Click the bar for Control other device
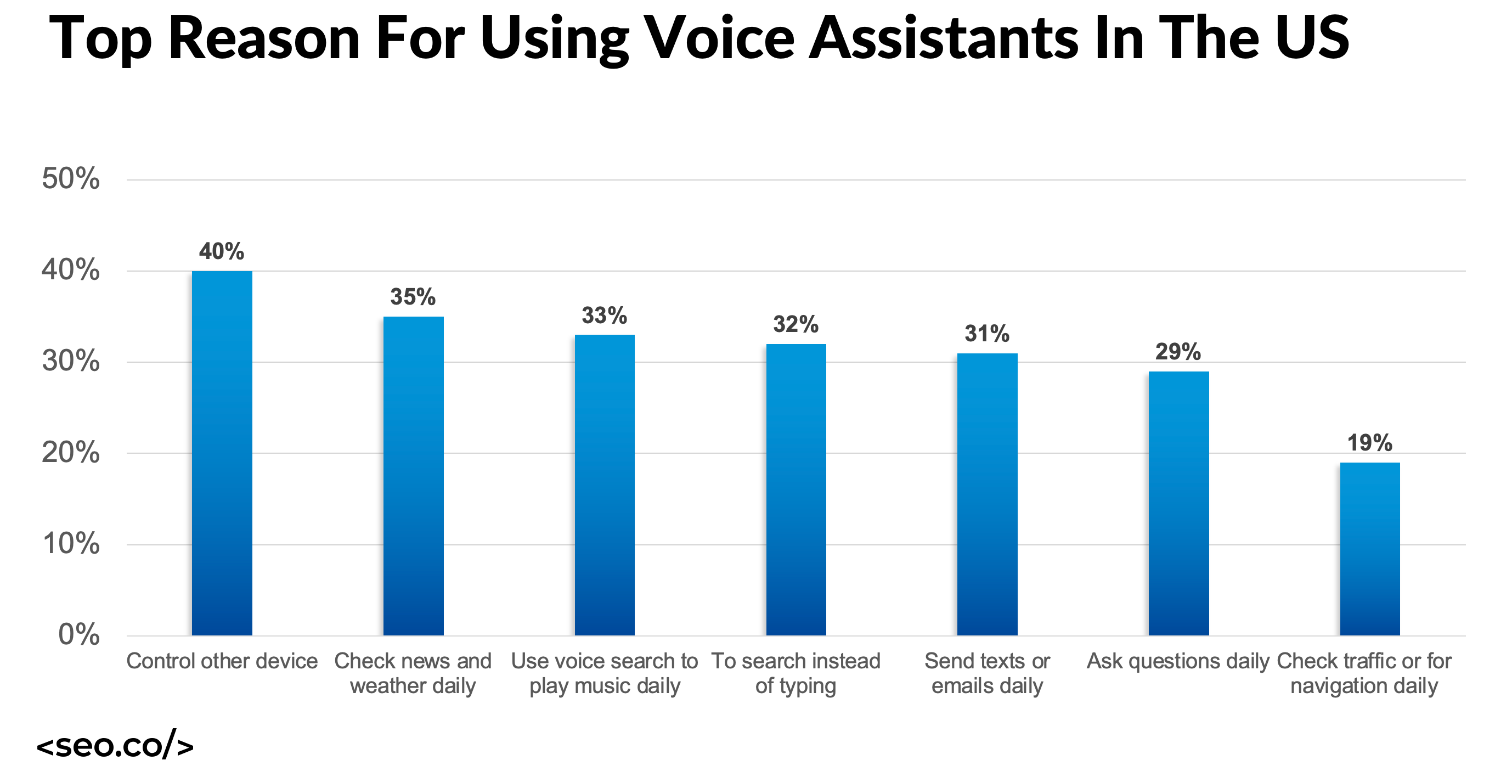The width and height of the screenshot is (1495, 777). click(x=222, y=453)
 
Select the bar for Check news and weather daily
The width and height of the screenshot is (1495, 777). click(x=413, y=476)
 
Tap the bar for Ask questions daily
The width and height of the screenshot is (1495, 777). click(x=1178, y=503)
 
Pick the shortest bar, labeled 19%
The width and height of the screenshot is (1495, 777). click(x=1370, y=548)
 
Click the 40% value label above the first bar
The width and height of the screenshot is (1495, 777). click(x=222, y=251)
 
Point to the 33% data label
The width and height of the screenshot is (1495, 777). click(x=604, y=316)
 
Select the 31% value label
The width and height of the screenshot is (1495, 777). click(x=986, y=334)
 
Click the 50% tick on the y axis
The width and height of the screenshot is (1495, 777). click(x=71, y=178)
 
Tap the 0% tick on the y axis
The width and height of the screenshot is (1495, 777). click(x=79, y=634)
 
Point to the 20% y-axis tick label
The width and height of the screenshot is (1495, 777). click(x=71, y=452)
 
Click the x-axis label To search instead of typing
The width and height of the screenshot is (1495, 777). click(x=796, y=673)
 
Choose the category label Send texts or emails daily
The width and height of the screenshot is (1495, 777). click(x=986, y=673)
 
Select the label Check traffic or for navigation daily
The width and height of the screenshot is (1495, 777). click(x=1364, y=673)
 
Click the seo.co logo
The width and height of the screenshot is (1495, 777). click(x=115, y=745)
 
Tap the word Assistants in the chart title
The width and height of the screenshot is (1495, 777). click(x=943, y=38)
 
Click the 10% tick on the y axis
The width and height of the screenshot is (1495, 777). click(x=71, y=543)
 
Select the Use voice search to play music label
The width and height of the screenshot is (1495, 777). click(x=604, y=673)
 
